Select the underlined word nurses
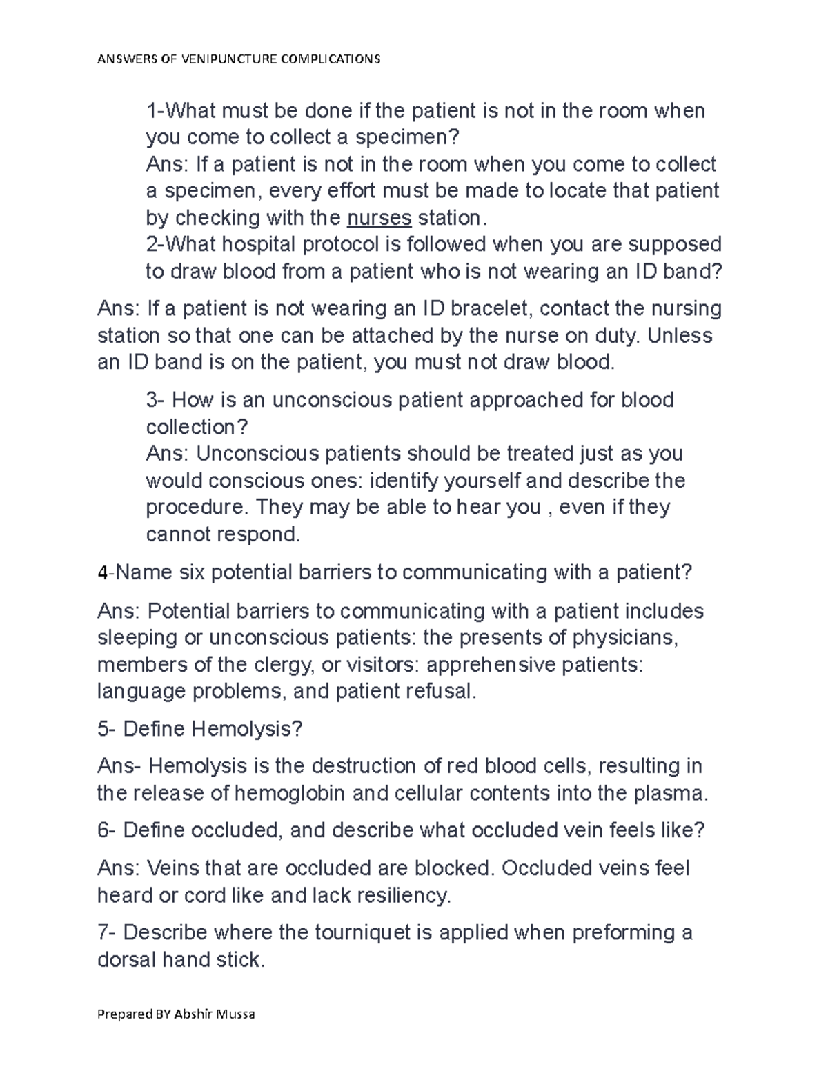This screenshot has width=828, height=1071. pyautogui.click(x=379, y=218)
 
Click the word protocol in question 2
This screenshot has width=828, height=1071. pyautogui.click(x=342, y=244)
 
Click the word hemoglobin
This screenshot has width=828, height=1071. pyautogui.click(x=290, y=793)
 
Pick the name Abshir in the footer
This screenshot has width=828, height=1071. pyautogui.click(x=196, y=1014)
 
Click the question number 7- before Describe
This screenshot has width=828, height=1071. pyautogui.click(x=107, y=932)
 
